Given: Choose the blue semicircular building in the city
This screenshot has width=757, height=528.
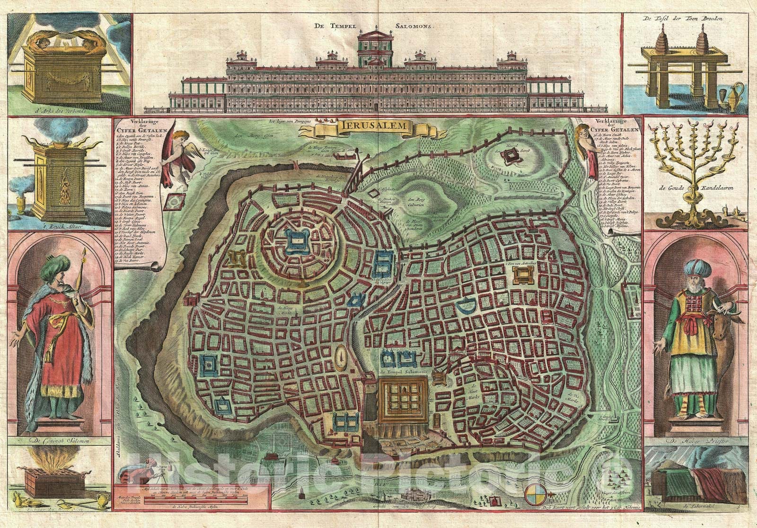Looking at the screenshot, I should (467, 307).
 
